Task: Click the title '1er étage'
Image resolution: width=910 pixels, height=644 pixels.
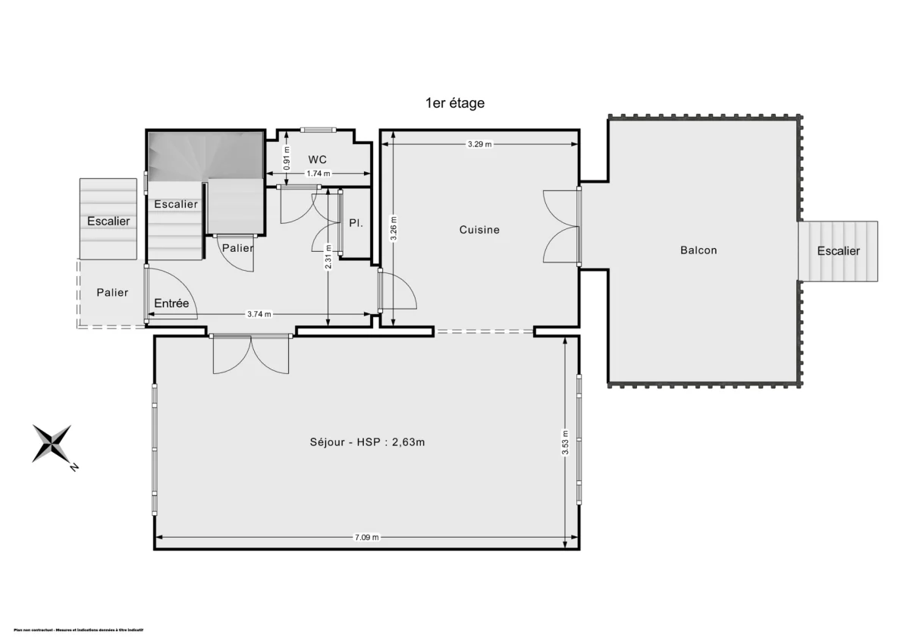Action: [x=455, y=103]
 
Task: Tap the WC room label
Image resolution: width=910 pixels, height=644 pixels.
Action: [x=317, y=159]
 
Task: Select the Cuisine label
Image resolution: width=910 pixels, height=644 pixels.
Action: [x=479, y=229]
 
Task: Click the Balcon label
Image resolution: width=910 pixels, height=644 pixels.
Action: [x=698, y=250]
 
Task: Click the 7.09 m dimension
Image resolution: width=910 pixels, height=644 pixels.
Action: [x=366, y=537]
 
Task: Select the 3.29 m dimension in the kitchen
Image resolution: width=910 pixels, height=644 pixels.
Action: [x=479, y=143]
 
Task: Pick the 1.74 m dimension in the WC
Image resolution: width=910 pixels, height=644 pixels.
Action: [x=317, y=174]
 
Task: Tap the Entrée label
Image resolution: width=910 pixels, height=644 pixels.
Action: [x=171, y=303]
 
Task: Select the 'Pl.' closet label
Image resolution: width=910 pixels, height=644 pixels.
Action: [x=355, y=224]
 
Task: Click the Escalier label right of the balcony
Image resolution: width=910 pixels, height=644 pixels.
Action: [x=838, y=251]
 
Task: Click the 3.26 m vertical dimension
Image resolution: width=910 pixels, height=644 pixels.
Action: [x=394, y=228]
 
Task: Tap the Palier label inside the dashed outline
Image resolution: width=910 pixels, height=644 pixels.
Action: [x=112, y=292]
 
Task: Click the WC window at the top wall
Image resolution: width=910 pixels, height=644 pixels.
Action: [x=317, y=129]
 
